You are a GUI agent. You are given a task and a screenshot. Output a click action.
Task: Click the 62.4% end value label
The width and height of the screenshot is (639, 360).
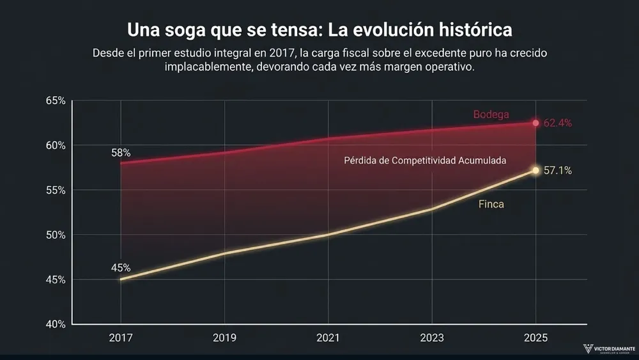tap(558, 123)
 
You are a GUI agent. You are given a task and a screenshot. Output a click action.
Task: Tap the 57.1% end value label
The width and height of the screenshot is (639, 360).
tap(558, 171)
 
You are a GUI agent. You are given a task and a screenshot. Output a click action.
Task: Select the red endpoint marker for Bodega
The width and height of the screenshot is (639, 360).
tap(536, 123)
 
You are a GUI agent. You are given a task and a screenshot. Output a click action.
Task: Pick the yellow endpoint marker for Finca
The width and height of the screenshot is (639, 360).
tap(536, 170)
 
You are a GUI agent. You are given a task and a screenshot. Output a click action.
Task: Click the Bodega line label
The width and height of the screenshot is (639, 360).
tap(491, 114)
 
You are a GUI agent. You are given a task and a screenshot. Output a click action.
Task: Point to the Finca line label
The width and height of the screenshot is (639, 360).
tap(492, 205)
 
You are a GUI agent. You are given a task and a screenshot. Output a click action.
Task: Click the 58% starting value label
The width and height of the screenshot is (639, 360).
tap(120, 153)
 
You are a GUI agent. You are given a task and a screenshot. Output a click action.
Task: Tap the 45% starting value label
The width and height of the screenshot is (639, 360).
tap(120, 268)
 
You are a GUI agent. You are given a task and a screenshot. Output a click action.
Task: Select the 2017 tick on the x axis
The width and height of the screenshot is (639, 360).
tap(120, 338)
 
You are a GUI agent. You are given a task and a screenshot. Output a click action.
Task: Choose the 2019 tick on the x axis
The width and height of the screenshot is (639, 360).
tap(224, 338)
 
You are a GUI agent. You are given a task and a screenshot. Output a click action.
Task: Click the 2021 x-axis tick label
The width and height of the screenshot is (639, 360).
tap(328, 338)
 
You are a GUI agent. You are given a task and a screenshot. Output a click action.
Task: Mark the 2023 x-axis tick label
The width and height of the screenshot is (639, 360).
tap(433, 338)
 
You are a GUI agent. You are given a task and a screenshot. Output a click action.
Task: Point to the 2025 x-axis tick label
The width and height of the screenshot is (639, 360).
tap(536, 338)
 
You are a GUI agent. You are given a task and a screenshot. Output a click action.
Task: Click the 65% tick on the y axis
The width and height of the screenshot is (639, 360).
tap(56, 101)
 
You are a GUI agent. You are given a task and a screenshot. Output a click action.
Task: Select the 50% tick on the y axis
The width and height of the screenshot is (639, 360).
tap(56, 235)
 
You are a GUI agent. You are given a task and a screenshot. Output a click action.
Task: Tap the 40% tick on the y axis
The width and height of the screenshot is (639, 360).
tap(56, 324)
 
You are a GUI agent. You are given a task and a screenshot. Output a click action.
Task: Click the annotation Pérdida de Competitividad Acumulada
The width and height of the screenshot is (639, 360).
tap(425, 160)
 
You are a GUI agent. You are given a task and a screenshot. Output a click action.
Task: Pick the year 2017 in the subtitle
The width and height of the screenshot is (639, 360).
tap(275, 53)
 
